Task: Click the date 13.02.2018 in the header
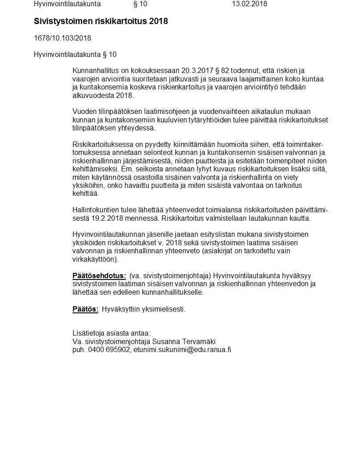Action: click(x=249, y=4)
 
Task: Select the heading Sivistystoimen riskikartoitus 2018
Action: click(x=101, y=21)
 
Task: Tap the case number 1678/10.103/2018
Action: click(x=62, y=38)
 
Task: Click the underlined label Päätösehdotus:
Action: click(x=99, y=276)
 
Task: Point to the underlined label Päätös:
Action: click(x=85, y=309)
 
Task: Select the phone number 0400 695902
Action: click(x=109, y=350)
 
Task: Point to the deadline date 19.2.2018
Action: click(x=106, y=219)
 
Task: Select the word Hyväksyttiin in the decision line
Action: click(x=120, y=309)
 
